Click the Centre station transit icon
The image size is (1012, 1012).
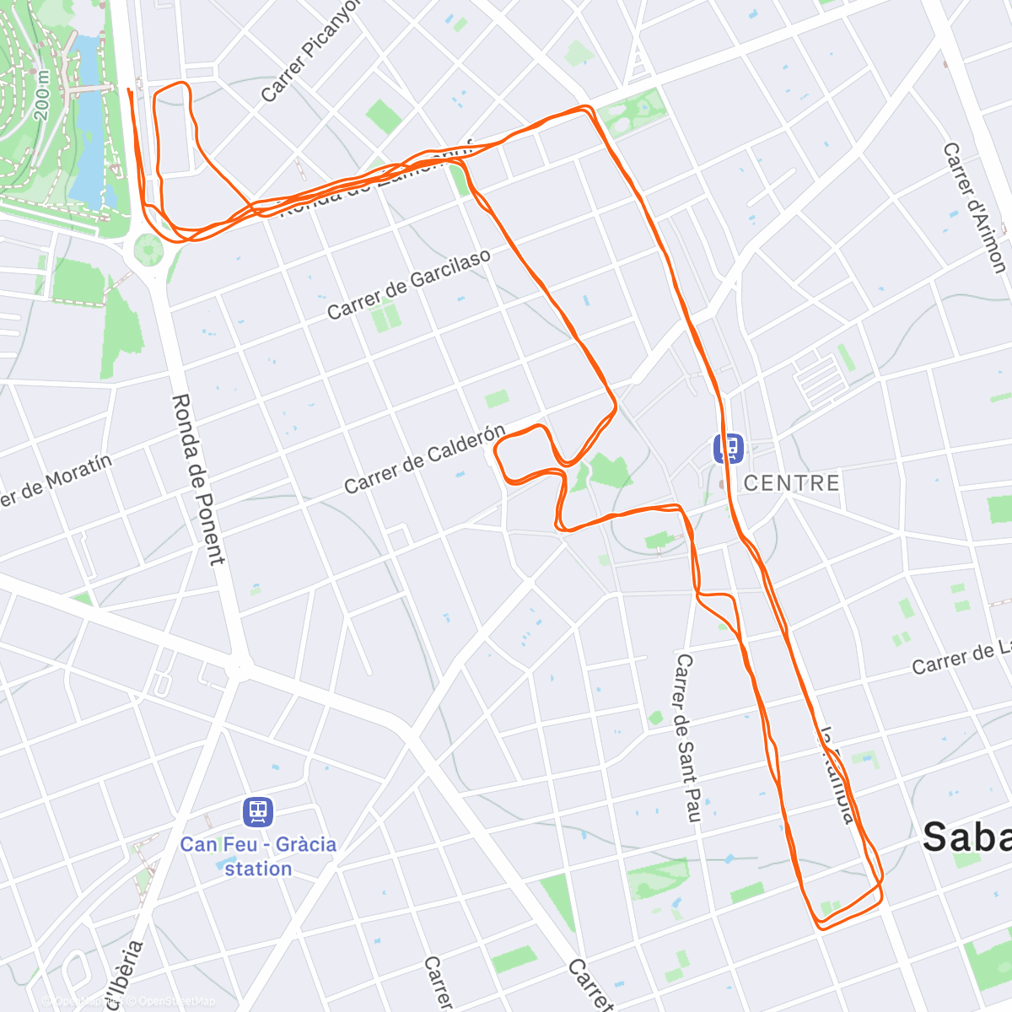tap(728, 448)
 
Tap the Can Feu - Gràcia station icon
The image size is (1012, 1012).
tap(258, 812)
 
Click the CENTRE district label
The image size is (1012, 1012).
tap(791, 482)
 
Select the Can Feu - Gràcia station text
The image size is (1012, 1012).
tap(258, 856)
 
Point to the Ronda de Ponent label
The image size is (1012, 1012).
tap(198, 478)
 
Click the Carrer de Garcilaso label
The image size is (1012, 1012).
tap(409, 285)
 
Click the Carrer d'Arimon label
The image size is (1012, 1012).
tap(974, 207)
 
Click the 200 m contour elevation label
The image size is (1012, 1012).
tap(43, 93)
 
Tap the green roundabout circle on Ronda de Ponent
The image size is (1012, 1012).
tap(148, 250)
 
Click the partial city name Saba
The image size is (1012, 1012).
tap(966, 837)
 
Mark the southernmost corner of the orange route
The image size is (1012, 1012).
tap(820, 929)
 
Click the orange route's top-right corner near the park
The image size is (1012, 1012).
tap(589, 108)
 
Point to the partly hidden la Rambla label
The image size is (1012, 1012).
tap(838, 776)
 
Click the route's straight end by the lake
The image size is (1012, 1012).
tap(128, 89)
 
